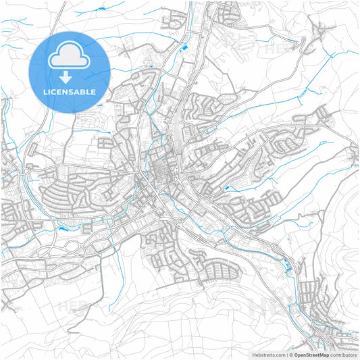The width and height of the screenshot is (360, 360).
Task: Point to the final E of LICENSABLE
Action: pos(93,91)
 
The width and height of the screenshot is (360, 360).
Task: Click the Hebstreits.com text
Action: pos(266,354)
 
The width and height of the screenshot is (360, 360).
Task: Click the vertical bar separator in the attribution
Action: pos(288,354)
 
